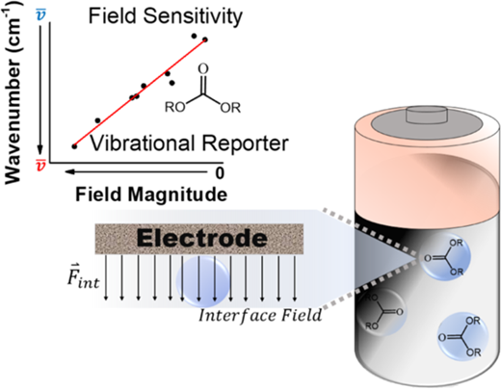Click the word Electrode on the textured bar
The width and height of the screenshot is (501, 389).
tap(202, 238)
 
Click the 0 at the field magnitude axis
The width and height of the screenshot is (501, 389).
tap(220, 173)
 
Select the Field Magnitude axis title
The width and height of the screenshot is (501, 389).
tap(151, 194)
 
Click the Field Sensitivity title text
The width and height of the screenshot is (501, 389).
tap(165, 16)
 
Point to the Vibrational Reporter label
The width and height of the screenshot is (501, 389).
tap(189, 143)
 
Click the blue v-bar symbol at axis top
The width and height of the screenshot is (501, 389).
tap(40, 14)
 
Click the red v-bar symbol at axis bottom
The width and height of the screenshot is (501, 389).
tap(40, 165)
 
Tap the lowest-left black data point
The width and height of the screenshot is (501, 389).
tap(74, 146)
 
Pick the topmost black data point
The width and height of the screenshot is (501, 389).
tap(194, 36)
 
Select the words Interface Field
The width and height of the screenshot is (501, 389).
tap(260, 316)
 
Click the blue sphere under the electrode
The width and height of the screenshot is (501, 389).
tap(202, 278)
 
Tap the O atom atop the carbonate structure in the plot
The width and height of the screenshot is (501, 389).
tap(203, 68)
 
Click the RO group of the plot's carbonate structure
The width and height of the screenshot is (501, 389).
tap(175, 107)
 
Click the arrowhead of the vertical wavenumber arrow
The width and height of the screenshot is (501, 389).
tap(40, 150)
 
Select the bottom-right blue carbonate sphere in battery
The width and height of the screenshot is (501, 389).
tap(461, 336)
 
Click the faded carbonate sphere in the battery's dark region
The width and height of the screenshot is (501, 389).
tap(382, 311)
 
